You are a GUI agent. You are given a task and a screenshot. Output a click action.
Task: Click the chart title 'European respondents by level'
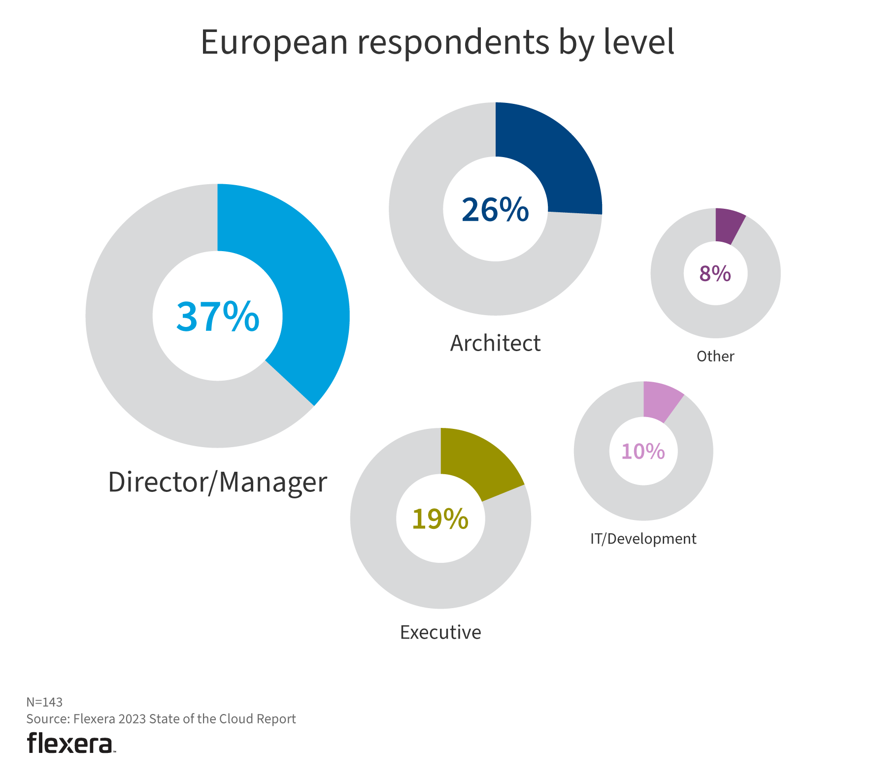[x=437, y=42]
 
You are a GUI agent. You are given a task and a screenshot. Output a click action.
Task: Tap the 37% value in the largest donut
[x=218, y=317]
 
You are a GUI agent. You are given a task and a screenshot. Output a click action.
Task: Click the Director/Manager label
[x=217, y=482]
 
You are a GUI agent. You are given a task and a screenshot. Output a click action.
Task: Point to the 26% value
[x=495, y=210]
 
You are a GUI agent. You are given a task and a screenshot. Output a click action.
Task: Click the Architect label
[x=495, y=343]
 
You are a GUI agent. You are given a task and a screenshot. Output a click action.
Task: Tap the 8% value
[x=715, y=273]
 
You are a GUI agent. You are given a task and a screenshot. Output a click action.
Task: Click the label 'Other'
[x=715, y=357]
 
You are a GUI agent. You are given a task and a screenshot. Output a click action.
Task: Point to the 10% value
[x=643, y=452]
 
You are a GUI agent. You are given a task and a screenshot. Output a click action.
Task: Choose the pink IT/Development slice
[x=660, y=400]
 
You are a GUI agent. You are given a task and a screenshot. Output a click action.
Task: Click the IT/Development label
[x=643, y=539]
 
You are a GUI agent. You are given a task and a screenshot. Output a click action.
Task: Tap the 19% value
[x=440, y=519]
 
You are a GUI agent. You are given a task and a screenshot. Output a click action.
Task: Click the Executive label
[x=440, y=632]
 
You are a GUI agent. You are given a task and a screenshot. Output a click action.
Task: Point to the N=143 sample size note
[x=44, y=702]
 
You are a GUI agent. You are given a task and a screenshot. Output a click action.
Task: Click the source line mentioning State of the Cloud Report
[x=161, y=719]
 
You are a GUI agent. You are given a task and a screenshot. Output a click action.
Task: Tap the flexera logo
[x=71, y=743]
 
